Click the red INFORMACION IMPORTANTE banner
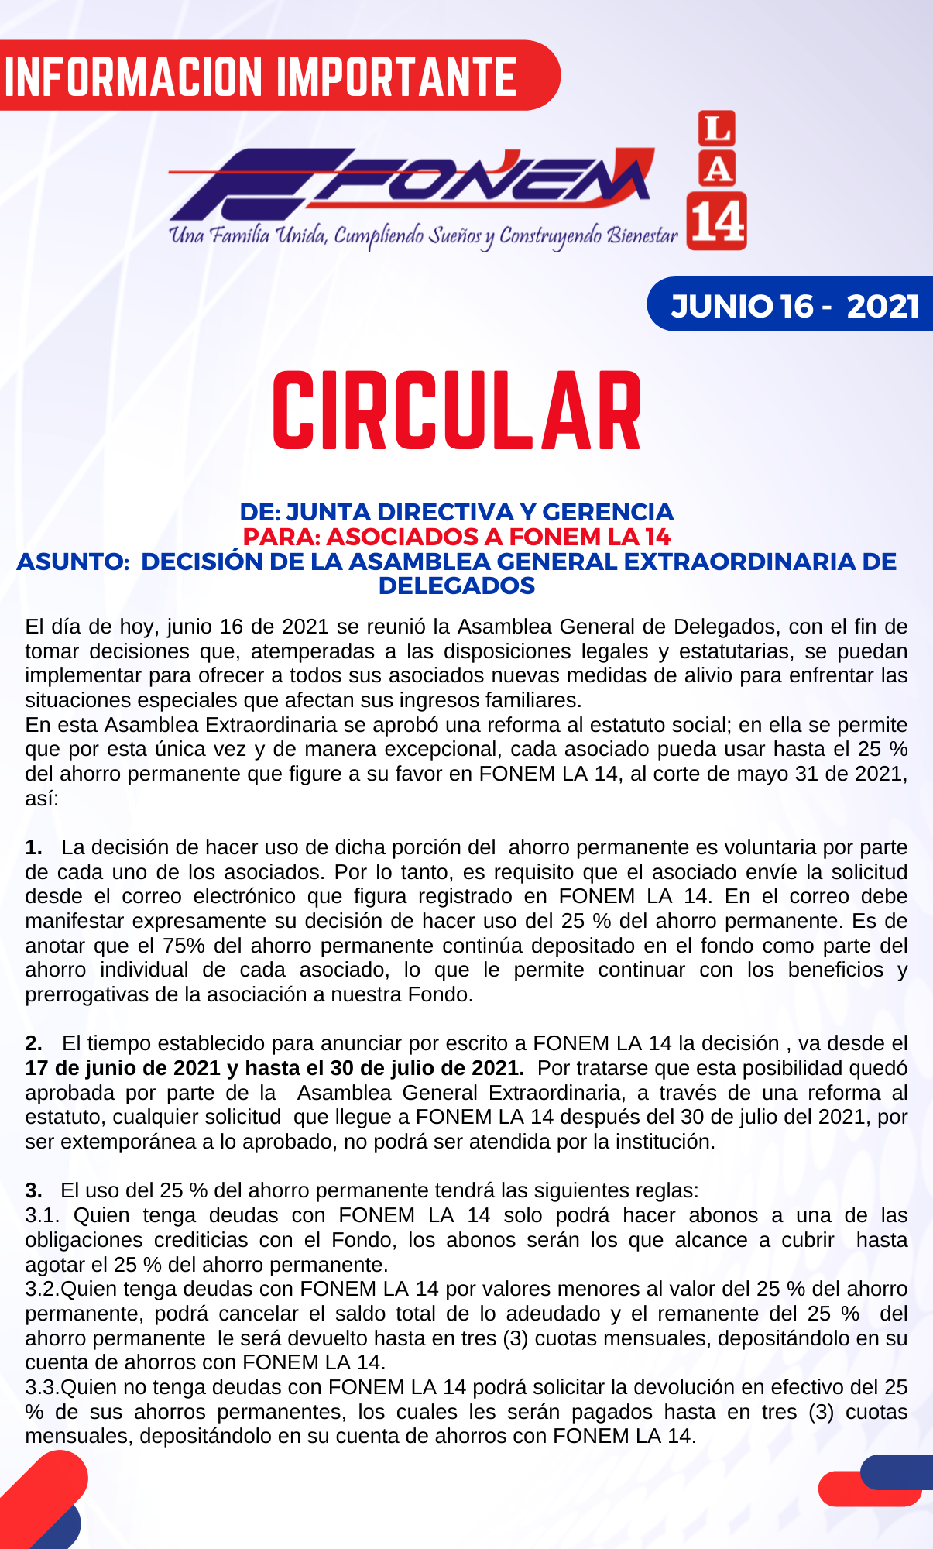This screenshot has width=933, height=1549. click(263, 76)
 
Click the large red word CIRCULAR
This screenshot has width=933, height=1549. click(457, 411)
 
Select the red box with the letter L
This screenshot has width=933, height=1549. click(717, 129)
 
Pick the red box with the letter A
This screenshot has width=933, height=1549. click(717, 168)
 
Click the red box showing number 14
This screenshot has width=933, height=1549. click(717, 222)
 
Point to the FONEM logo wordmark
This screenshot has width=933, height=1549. click(410, 184)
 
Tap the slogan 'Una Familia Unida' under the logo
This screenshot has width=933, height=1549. click(248, 235)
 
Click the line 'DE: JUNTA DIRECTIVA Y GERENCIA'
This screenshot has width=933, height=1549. click(457, 512)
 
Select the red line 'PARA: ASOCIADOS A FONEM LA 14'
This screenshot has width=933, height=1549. click(457, 537)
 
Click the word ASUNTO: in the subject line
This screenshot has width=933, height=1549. click(73, 562)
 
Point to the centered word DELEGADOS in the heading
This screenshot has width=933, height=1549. click(457, 586)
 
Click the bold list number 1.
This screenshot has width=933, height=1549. click(33, 847)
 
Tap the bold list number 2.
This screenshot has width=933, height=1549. click(33, 1043)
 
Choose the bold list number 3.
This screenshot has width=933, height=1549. click(33, 1190)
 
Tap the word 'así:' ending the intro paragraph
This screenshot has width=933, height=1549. click(42, 799)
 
